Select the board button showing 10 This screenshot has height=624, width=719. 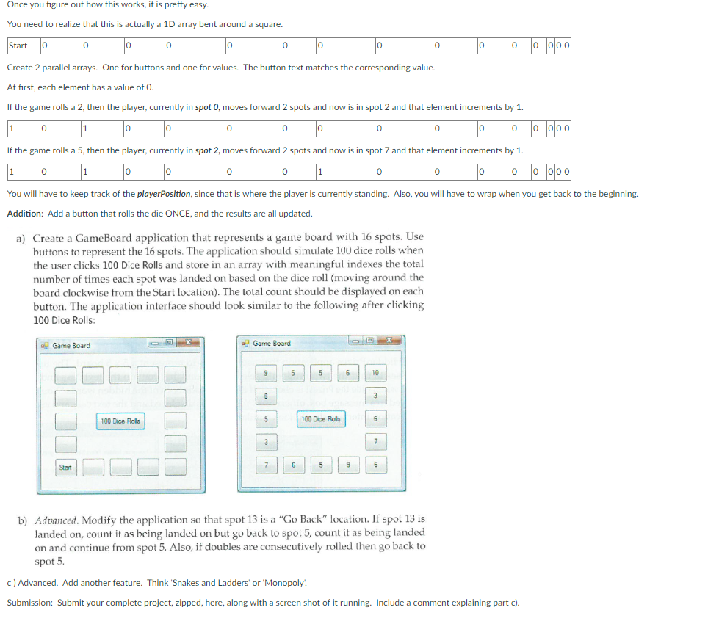[x=375, y=373]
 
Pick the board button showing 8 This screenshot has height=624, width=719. [x=266, y=396]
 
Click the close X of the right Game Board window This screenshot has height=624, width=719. [x=389, y=341]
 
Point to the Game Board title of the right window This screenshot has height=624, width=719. [x=271, y=344]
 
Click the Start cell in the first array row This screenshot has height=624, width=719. [x=18, y=46]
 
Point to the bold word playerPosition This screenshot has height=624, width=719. [x=167, y=194]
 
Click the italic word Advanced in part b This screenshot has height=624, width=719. [x=57, y=519]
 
